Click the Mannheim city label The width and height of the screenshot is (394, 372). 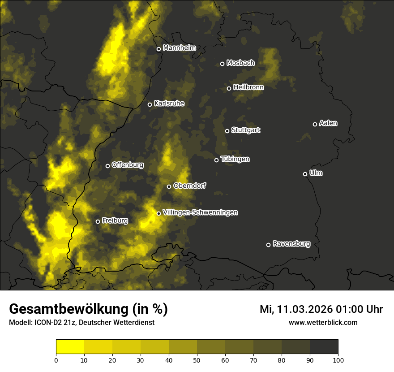180,48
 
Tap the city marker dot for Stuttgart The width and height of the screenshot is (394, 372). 227,131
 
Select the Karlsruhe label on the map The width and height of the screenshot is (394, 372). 169,104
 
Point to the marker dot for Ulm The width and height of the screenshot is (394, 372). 305,174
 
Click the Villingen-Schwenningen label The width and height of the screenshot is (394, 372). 200,212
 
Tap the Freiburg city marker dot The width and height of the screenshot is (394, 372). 98,221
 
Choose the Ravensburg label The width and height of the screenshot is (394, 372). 291,244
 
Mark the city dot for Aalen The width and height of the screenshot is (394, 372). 315,124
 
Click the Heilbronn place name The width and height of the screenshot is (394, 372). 248,87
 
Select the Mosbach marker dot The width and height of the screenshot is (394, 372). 222,64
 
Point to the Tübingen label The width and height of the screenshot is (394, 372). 235,159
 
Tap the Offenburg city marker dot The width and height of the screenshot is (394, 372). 107,166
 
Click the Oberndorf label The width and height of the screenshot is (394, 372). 190,186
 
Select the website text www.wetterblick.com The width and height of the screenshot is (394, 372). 323,322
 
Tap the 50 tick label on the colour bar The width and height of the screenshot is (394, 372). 197,360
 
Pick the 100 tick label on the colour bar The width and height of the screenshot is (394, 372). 338,360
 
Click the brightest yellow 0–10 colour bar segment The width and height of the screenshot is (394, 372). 70,347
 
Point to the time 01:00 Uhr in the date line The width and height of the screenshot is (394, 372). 354,309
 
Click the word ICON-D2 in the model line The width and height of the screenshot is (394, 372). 45,323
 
